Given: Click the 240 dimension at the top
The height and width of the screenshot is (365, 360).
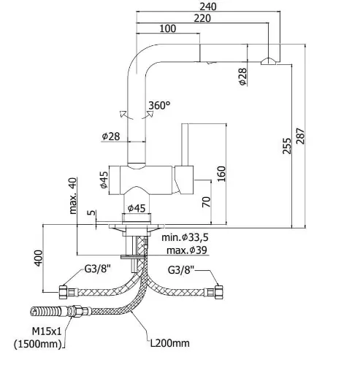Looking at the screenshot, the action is (x=208, y=7).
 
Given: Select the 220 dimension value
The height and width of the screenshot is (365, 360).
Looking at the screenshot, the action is (x=202, y=18).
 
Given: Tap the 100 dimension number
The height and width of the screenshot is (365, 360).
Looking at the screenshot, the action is (x=168, y=28).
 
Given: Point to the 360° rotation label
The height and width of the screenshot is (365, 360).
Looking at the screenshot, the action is (x=159, y=105).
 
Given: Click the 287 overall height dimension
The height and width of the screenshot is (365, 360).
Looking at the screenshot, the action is (x=301, y=136).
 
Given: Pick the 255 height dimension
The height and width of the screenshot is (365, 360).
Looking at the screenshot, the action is (x=287, y=146).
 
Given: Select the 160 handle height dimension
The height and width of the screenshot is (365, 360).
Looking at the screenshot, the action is (x=221, y=174).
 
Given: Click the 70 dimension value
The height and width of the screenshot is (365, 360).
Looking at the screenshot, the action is (x=207, y=201).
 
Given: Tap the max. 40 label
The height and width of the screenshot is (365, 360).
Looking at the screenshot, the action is (x=73, y=196).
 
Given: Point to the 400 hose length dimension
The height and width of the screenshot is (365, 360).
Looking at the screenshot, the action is (x=39, y=258).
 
